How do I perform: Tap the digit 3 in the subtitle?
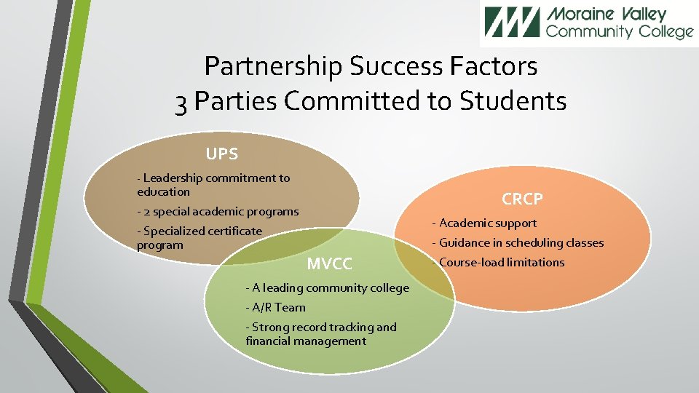pyautogui.click(x=182, y=102)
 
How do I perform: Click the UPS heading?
pyautogui.click(x=221, y=154)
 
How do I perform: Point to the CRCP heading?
pyautogui.click(x=522, y=199)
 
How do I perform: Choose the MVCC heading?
pyautogui.click(x=329, y=263)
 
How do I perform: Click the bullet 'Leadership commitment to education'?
pyautogui.click(x=213, y=185)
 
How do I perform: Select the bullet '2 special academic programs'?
pyautogui.click(x=218, y=212)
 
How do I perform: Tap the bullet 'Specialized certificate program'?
pyautogui.click(x=199, y=238)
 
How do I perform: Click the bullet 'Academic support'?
pyautogui.click(x=484, y=223)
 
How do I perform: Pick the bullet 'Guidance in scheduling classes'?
pyautogui.click(x=518, y=243)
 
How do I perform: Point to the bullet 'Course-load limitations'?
pyautogui.click(x=499, y=263)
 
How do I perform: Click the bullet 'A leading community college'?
pyautogui.click(x=328, y=288)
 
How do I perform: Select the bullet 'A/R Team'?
pyautogui.click(x=276, y=308)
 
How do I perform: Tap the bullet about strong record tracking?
pyautogui.click(x=321, y=334)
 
